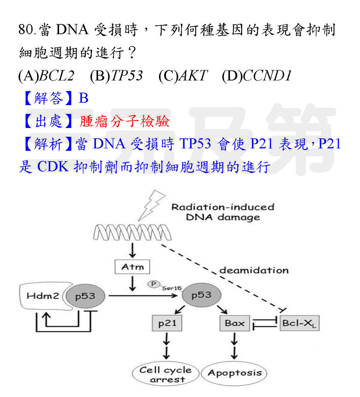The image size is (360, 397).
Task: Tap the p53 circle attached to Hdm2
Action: coord(85,296)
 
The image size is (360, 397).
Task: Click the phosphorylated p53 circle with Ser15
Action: coord(201,295)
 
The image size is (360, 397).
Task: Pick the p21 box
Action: coord(167,323)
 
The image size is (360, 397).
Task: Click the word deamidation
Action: coord(254,271)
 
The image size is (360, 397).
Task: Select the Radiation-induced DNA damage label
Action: coord(223,212)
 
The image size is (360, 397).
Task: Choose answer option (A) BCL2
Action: coord(46,76)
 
